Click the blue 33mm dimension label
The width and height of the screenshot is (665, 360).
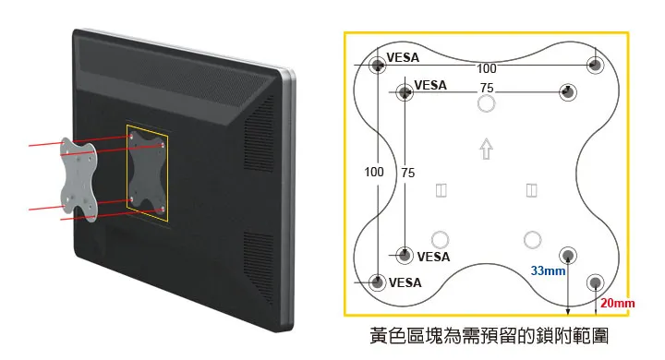click(547, 271)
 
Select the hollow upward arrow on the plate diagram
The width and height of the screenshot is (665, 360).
click(486, 149)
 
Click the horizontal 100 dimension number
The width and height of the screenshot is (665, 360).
click(487, 69)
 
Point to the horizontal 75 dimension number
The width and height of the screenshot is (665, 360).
click(487, 88)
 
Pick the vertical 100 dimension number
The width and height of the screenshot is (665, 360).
click(374, 172)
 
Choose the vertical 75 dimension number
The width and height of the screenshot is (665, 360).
click(408, 173)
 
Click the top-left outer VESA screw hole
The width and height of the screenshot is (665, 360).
click(378, 66)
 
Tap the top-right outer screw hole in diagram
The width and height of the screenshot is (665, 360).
click(596, 66)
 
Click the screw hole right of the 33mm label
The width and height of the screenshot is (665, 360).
click(568, 254)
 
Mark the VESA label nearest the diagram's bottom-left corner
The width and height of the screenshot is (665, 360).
click(404, 282)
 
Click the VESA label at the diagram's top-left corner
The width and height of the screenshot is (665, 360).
click(402, 57)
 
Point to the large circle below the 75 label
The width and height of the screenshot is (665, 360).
click(486, 104)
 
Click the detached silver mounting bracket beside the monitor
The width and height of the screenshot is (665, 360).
click(79, 180)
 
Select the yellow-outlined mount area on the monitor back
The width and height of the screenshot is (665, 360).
click(147, 171)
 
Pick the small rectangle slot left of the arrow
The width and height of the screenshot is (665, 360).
click(441, 190)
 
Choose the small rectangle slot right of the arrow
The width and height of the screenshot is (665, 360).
click(531, 190)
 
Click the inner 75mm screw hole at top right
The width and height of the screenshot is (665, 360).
click(568, 92)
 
